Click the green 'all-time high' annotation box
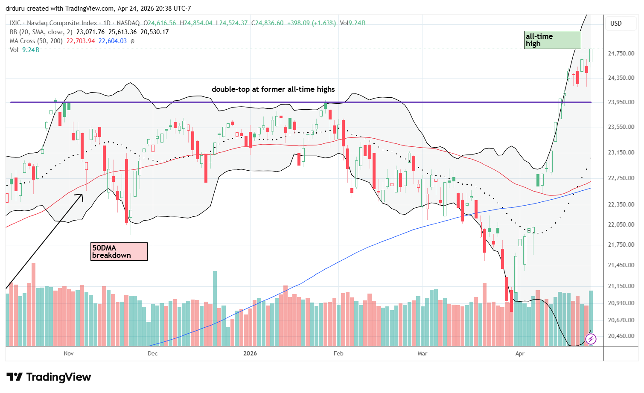(x=552, y=40)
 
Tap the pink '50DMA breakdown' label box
(x=119, y=251)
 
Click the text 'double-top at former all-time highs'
(x=273, y=89)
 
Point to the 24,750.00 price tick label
(x=621, y=54)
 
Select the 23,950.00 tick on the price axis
(x=621, y=102)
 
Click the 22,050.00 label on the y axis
(x=621, y=225)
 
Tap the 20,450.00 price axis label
(x=621, y=336)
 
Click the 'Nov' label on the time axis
(x=69, y=353)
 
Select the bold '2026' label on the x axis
(x=250, y=353)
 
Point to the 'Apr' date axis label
(x=520, y=353)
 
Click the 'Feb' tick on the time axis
(x=338, y=353)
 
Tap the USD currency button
(x=616, y=23)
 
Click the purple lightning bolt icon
(x=591, y=339)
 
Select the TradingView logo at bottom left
(x=49, y=377)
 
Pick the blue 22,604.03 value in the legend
(x=113, y=41)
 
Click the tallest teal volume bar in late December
(x=215, y=307)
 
